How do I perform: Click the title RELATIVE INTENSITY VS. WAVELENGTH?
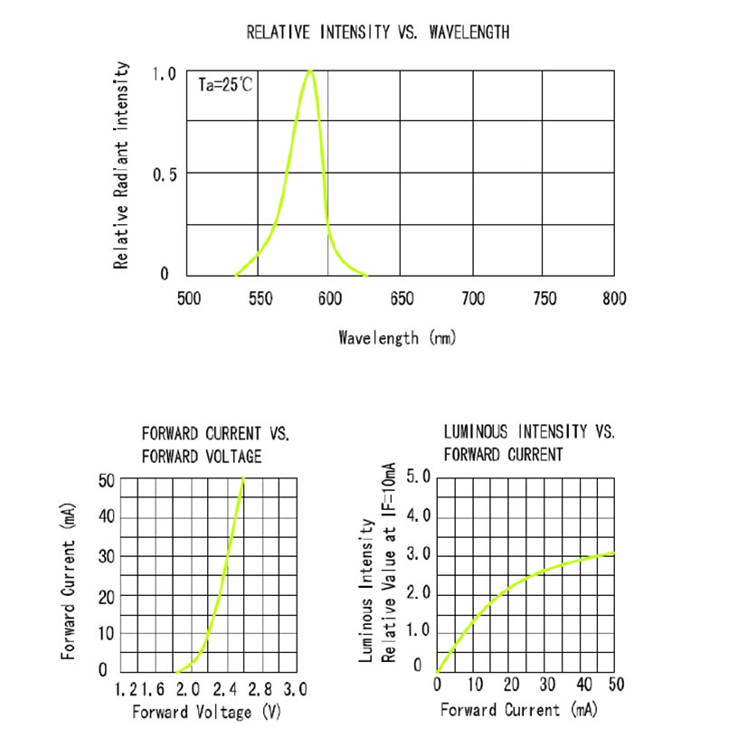pos(378,33)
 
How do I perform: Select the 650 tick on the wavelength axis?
pos(402,299)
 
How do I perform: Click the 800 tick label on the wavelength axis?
pos(614,299)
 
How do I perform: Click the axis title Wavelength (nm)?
pos(397,338)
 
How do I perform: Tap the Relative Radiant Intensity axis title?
pos(120,165)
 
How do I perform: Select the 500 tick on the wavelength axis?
pos(188,299)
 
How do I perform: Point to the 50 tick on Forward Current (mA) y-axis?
pos(107,480)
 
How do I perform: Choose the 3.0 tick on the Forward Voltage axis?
pos(295,689)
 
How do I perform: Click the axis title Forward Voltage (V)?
pos(207,713)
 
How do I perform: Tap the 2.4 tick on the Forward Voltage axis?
pos(226,689)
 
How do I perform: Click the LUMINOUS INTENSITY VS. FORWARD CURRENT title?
pos(529,443)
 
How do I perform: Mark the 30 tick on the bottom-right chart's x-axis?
pos(547,685)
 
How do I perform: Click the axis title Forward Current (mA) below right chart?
pos(519,711)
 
